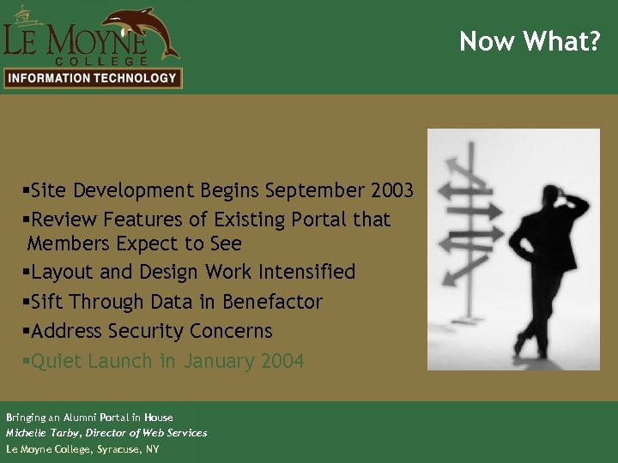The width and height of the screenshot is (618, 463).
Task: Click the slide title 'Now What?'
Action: point(529,41)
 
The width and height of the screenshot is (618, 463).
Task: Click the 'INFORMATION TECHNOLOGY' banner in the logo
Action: point(92,78)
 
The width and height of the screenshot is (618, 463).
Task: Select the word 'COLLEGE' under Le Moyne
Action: point(101,61)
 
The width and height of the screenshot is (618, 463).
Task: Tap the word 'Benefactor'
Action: point(272,302)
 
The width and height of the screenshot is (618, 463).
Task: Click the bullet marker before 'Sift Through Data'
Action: point(27,302)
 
